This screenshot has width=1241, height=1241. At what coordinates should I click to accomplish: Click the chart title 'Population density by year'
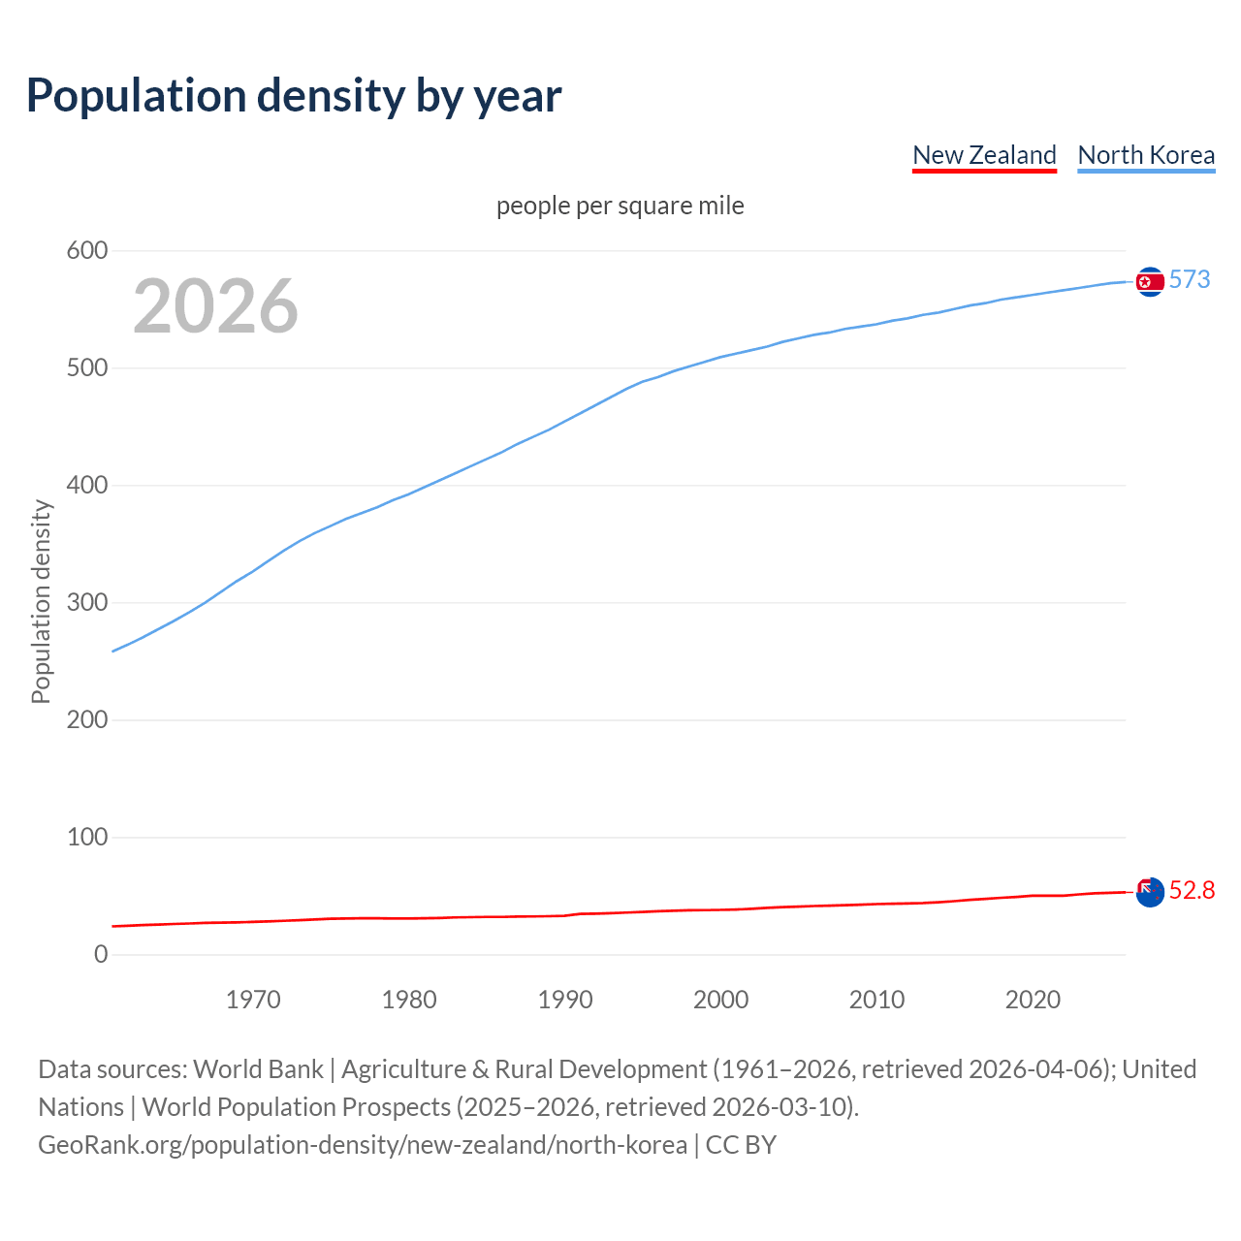(294, 96)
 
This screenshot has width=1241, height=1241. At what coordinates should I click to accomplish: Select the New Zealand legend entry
(984, 155)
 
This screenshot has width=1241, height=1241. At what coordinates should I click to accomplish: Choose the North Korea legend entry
(1146, 155)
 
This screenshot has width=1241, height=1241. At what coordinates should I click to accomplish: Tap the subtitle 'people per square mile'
(620, 206)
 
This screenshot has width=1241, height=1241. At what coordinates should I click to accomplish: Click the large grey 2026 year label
(215, 306)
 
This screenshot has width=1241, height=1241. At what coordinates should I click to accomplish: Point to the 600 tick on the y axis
(86, 251)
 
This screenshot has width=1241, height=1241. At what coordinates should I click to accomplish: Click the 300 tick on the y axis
(86, 603)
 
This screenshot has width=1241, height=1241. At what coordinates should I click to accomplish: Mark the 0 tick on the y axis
(101, 954)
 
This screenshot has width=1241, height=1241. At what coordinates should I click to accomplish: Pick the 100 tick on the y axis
(86, 837)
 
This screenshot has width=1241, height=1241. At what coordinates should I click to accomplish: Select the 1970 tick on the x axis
(253, 1000)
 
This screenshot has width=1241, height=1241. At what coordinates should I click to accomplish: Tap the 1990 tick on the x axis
(565, 1000)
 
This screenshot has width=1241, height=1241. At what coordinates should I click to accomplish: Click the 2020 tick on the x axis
(1033, 1000)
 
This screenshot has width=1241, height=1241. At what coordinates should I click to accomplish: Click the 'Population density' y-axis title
(41, 601)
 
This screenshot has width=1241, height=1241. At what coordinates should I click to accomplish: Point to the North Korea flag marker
(1150, 281)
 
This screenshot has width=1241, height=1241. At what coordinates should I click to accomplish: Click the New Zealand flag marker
(1150, 892)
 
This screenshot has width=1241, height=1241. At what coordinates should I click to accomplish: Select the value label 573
(1190, 279)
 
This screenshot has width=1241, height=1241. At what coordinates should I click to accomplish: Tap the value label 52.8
(1192, 890)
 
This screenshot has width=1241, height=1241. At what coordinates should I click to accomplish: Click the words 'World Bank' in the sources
(258, 1069)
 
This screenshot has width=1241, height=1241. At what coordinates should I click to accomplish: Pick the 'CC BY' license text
(741, 1145)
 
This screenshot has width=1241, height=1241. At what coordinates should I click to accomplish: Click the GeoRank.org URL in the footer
(363, 1145)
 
